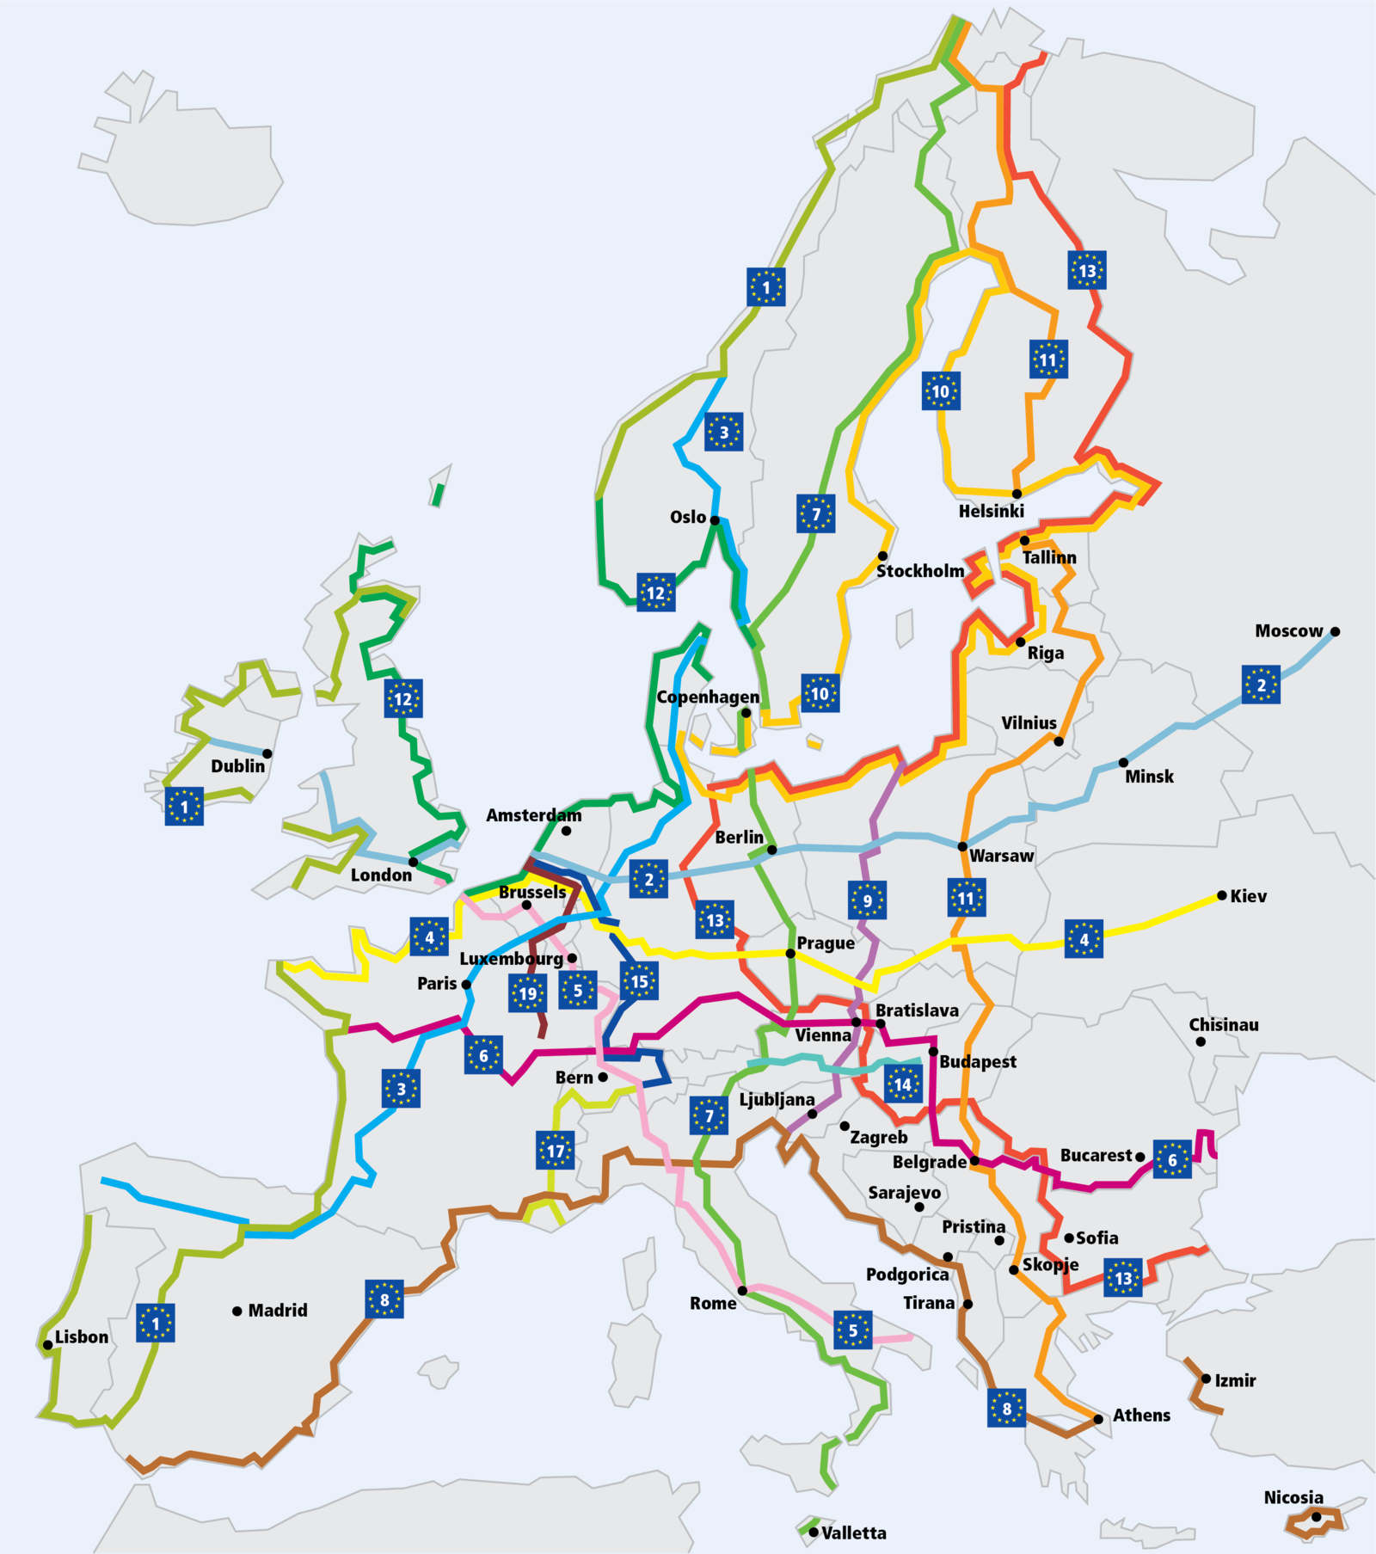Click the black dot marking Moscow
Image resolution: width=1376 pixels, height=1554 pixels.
tap(1335, 631)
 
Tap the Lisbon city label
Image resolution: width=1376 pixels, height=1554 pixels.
tap(82, 1336)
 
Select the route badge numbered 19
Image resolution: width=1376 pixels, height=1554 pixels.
tap(527, 994)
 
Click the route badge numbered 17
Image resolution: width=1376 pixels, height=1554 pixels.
tap(556, 1151)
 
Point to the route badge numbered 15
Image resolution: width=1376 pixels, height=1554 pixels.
tap(639, 981)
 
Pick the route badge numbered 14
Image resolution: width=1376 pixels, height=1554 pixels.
tap(902, 1084)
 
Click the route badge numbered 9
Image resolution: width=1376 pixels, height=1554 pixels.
tap(867, 900)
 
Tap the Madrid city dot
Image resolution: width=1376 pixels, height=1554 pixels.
tap(236, 1311)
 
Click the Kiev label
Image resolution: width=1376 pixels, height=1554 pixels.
tap(1248, 896)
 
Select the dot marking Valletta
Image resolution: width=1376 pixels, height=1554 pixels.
tap(814, 1533)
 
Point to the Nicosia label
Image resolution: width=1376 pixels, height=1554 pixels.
tap(1293, 1497)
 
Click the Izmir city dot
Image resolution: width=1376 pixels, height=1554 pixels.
tap(1206, 1379)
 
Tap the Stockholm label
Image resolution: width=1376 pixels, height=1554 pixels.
tap(919, 571)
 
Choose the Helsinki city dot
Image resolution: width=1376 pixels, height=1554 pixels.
tap(1017, 494)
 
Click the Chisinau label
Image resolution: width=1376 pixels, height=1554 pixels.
tap(1223, 1024)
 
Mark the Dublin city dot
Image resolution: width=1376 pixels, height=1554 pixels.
tap(267, 753)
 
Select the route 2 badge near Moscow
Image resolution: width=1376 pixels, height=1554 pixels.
tap(1261, 685)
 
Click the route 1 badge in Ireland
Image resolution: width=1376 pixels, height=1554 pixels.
tap(184, 807)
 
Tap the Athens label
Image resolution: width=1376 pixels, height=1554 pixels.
tap(1141, 1415)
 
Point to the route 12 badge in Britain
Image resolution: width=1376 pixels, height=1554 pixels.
tap(402, 698)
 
